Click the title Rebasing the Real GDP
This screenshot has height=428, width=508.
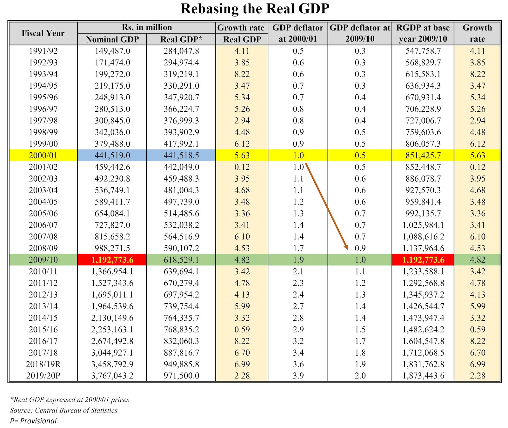coord(255,9)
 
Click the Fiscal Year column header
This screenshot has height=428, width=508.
coord(43,33)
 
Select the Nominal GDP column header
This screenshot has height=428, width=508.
coord(112,39)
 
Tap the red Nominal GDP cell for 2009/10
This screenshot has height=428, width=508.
coord(112,260)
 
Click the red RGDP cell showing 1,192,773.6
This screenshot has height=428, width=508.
coord(423,260)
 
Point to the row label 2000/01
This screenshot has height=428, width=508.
coord(43,155)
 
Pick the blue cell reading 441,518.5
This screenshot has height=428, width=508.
coord(181,155)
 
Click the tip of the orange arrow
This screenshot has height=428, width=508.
coord(347,249)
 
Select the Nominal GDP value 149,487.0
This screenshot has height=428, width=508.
coord(112,51)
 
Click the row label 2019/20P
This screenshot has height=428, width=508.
coord(43,376)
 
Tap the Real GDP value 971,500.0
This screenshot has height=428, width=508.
coord(181,376)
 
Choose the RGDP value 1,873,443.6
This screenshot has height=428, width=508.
coord(423,376)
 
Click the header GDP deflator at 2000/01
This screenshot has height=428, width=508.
coord(298,33)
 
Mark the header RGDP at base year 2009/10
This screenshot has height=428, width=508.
coord(423,33)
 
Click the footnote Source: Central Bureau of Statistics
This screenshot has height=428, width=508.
coord(63,410)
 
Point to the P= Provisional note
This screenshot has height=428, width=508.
coord(33,421)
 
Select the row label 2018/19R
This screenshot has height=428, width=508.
coord(43,364)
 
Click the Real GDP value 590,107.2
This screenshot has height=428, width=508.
coord(181,248)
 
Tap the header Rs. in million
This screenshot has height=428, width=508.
coord(147,27)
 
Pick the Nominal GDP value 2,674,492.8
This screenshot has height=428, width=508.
coord(112,341)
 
